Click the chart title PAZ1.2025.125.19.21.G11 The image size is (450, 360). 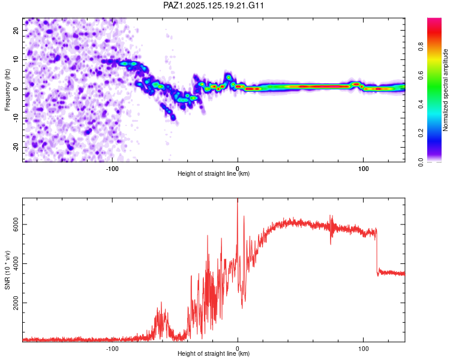point(213,5)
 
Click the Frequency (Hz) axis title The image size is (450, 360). point(7,90)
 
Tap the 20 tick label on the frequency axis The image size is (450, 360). point(16,30)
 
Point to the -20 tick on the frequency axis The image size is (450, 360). point(16,147)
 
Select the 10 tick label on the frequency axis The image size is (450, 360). point(16,59)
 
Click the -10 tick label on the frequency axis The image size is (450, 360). point(16,118)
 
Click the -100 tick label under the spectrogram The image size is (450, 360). point(112,169)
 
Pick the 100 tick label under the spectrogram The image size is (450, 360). point(364,169)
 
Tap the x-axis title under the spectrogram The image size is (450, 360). point(214,173)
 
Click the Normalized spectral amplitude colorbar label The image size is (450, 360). point(445,90)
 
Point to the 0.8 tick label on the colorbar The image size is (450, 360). point(421,46)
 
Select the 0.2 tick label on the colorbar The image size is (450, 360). point(421,133)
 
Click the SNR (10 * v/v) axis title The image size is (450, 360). point(7,270)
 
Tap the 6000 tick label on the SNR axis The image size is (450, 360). point(16,224)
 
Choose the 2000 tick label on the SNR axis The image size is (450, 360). point(16,302)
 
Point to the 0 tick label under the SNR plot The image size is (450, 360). point(238,349)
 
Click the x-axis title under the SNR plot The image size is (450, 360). point(214,353)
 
